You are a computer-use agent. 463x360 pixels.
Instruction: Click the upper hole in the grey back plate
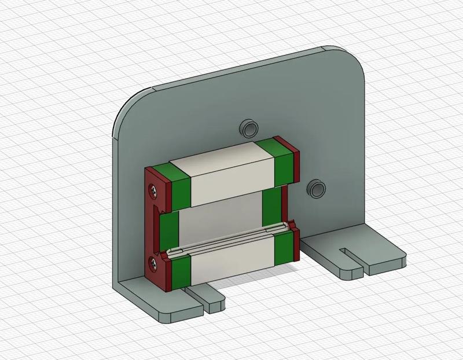point(250,127)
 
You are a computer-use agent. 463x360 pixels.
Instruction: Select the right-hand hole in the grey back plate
point(316,188)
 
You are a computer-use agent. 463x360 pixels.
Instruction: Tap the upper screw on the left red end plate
point(153,189)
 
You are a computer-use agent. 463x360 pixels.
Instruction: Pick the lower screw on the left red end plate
point(153,263)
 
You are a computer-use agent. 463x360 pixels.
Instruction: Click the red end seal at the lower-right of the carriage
point(296,243)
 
